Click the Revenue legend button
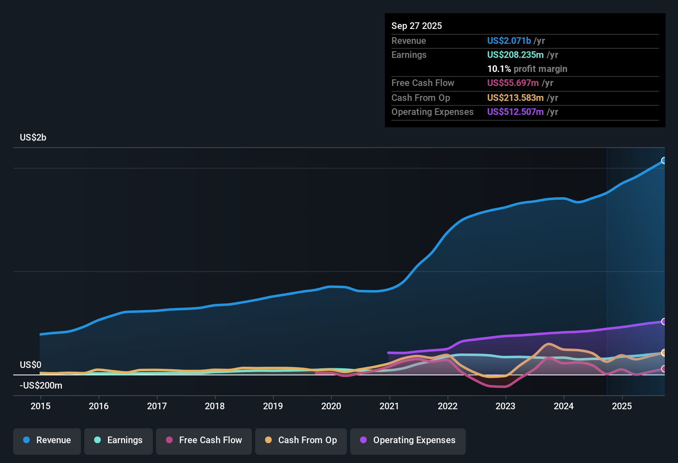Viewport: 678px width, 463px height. click(47, 440)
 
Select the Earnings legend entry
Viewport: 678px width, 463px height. click(119, 440)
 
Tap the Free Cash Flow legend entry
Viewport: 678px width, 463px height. click(204, 440)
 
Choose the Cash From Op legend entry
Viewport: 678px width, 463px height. click(301, 440)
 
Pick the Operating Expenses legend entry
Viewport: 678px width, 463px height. click(408, 440)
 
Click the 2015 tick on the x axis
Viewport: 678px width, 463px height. click(40, 406)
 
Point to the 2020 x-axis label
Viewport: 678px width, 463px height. click(331, 406)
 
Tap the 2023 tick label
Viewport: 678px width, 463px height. click(505, 406)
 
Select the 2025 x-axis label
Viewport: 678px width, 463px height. click(622, 406)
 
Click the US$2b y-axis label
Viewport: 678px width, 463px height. click(33, 138)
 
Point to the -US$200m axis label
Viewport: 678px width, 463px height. click(41, 386)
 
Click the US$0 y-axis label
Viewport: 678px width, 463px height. click(31, 365)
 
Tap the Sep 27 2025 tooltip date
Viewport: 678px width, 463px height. click(417, 26)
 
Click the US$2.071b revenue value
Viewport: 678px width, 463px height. click(509, 41)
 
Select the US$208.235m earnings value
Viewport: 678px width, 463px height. click(515, 55)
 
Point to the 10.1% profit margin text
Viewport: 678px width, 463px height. click(527, 69)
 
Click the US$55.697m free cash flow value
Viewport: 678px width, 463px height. click(512, 83)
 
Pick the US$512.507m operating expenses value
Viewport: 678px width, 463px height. click(515, 112)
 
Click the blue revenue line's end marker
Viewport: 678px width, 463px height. click(664, 160)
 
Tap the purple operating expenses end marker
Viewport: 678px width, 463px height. click(664, 322)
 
